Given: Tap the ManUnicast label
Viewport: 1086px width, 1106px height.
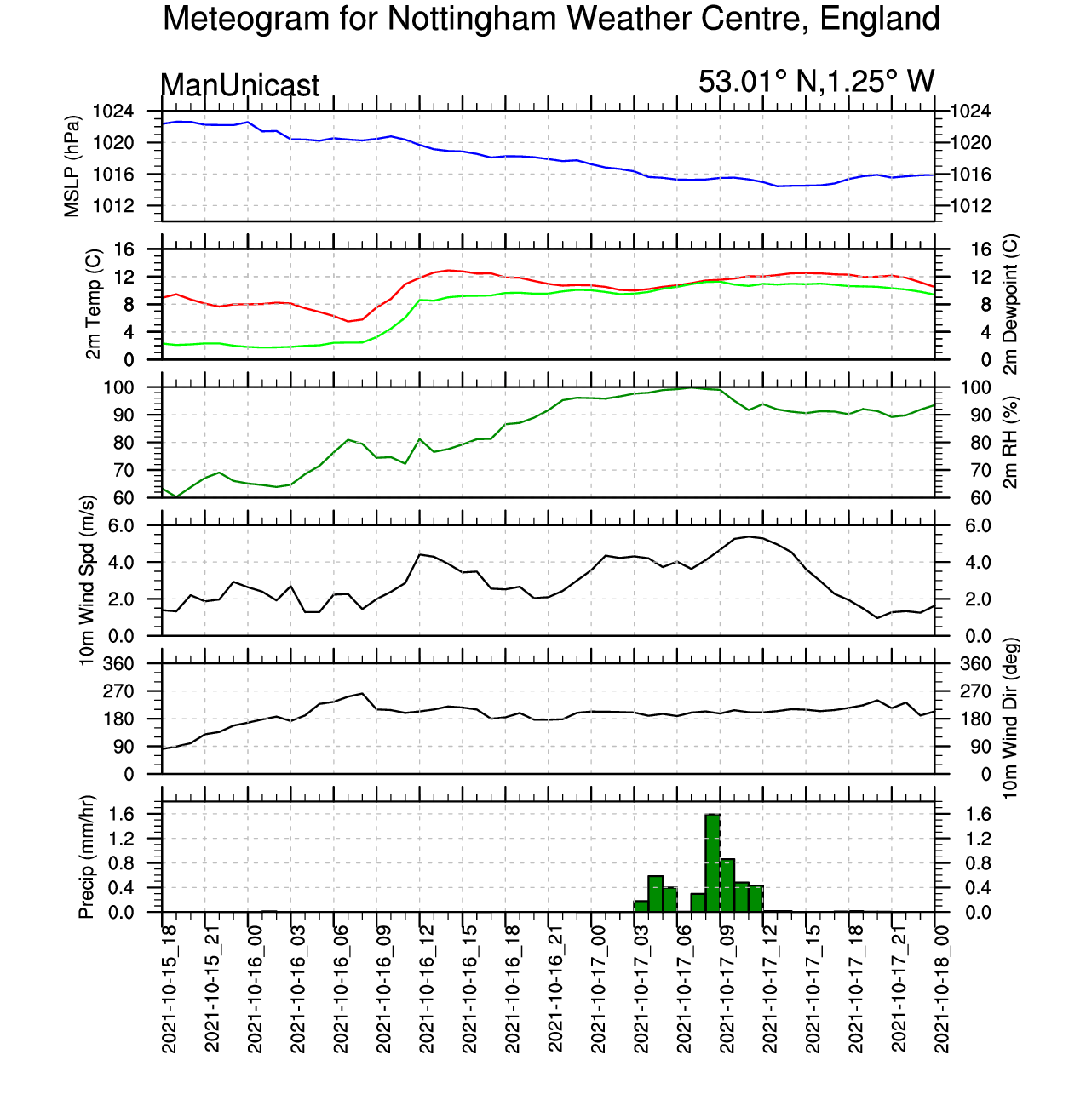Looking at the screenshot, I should (x=240, y=85).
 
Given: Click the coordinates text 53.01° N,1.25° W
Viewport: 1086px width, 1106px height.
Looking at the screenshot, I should (x=816, y=82).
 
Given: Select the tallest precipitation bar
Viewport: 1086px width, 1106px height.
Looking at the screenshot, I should (x=713, y=862).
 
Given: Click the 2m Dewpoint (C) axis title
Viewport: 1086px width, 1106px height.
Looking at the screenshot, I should (x=1010, y=304).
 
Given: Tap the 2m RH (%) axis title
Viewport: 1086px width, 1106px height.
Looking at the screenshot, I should (x=1010, y=443).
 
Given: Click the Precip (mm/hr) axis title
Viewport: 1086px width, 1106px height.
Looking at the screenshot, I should (x=86, y=857).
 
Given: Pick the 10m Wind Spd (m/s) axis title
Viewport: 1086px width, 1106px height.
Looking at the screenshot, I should (x=86, y=581).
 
